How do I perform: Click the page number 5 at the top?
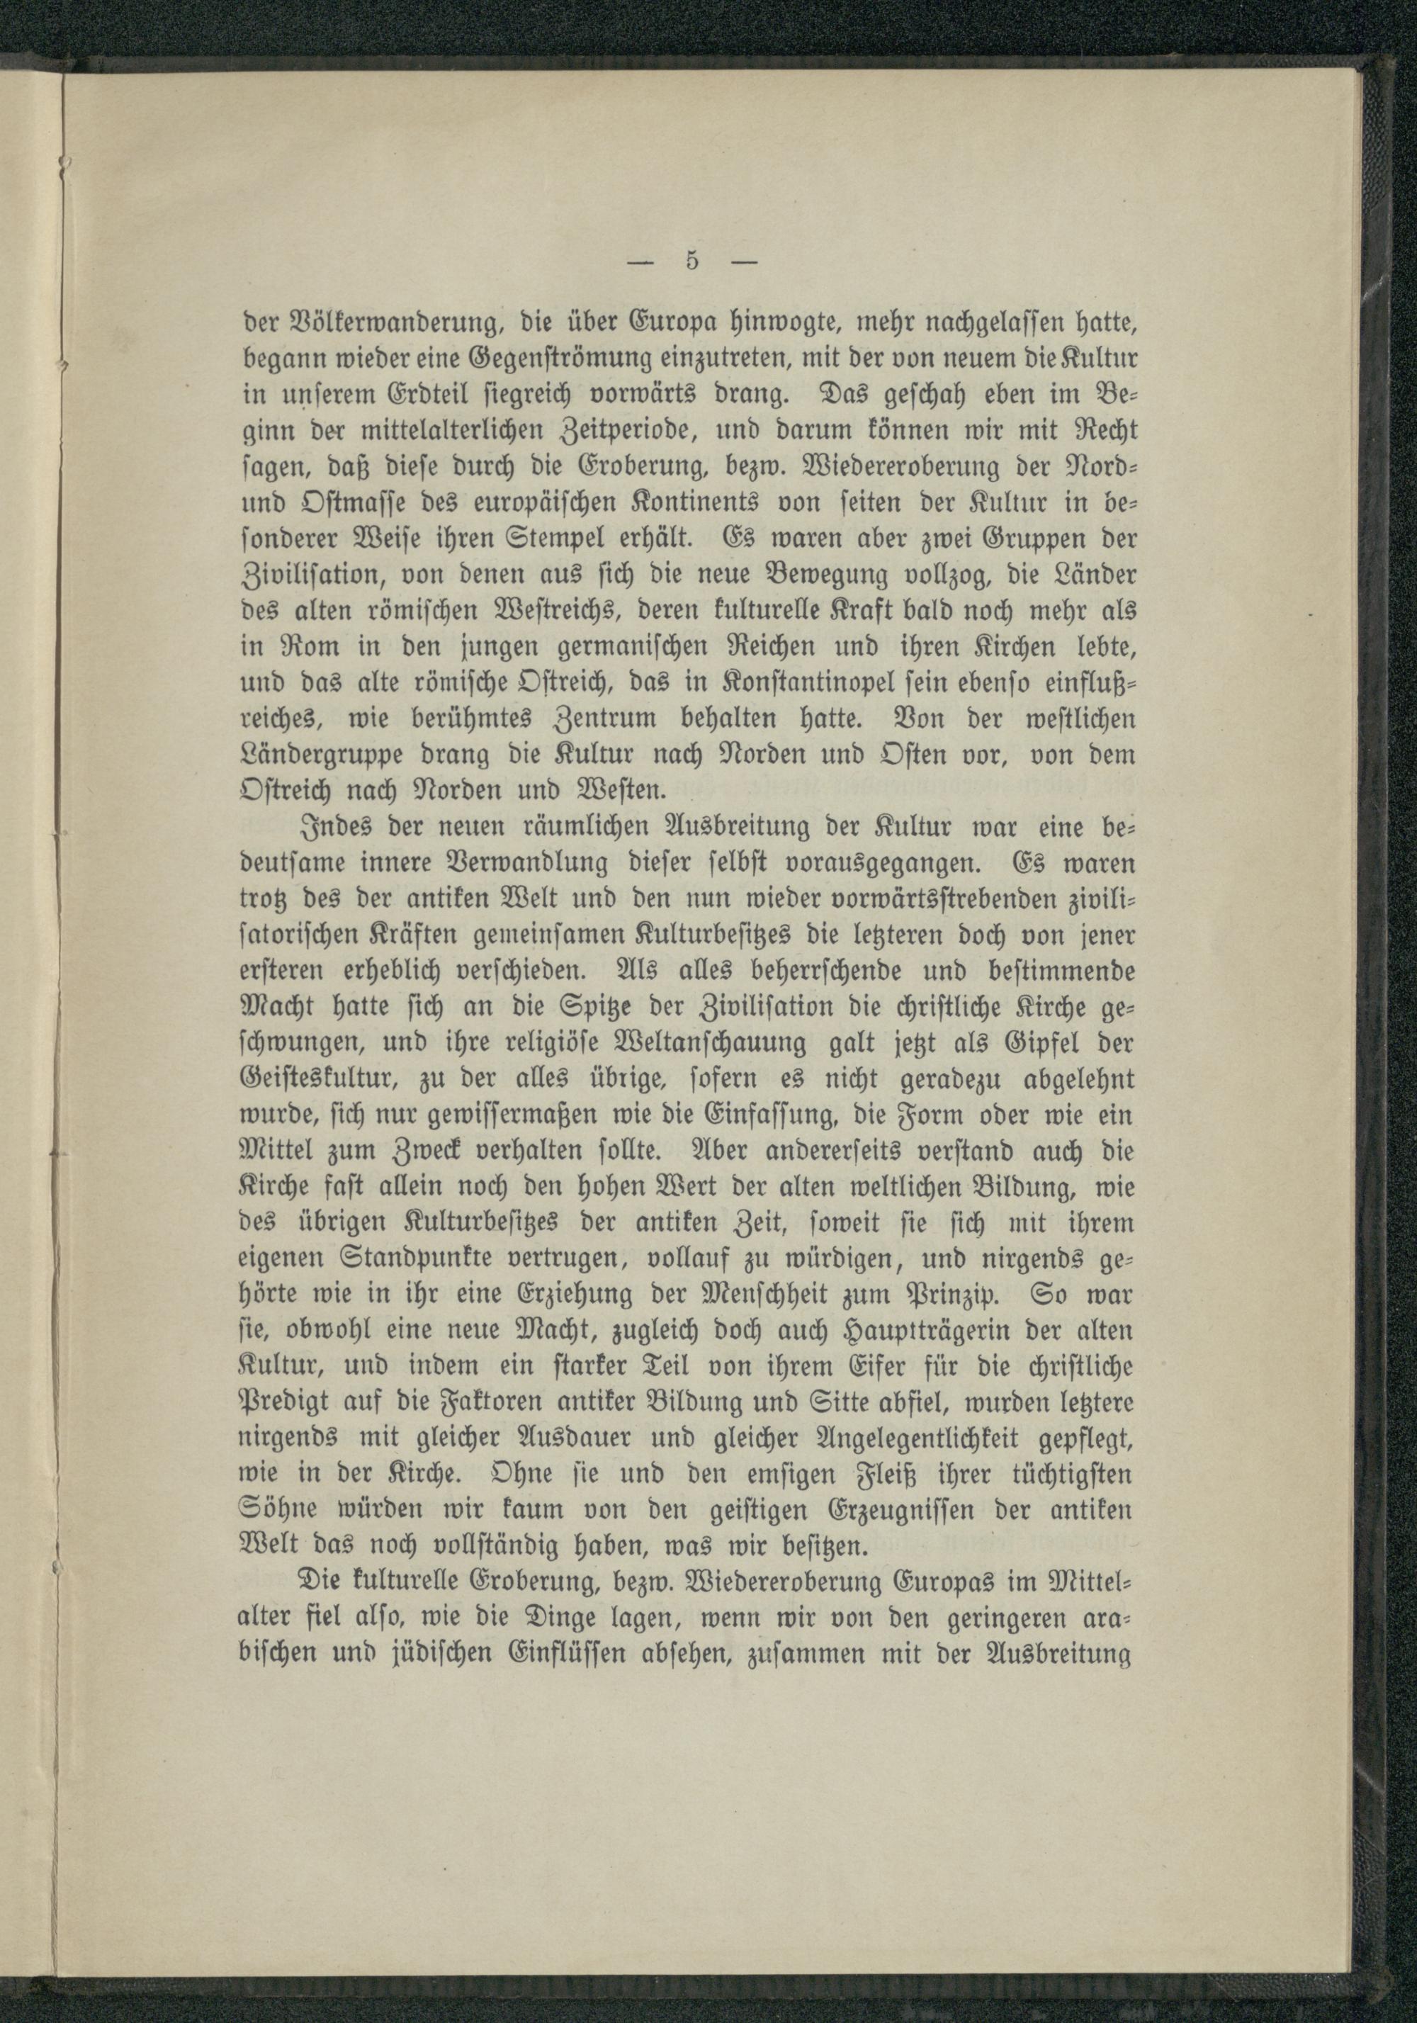tap(691, 263)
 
